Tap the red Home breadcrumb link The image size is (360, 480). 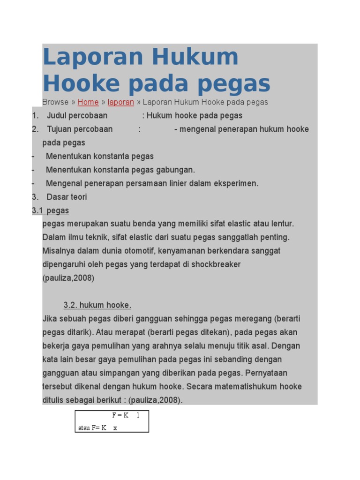pyautogui.click(x=88, y=102)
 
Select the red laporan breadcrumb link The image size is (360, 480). pyautogui.click(x=121, y=102)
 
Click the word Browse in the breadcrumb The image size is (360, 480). pyautogui.click(x=55, y=102)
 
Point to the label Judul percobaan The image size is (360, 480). pyautogui.click(x=77, y=116)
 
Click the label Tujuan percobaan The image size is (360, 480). pyautogui.click(x=79, y=129)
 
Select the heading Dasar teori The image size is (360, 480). pyautogui.click(x=67, y=197)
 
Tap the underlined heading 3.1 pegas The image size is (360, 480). pyautogui.click(x=51, y=211)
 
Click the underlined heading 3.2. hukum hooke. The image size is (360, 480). pyautogui.click(x=97, y=306)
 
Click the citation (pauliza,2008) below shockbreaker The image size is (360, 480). pyautogui.click(x=68, y=278)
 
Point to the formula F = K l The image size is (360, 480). pyautogui.click(x=125, y=415)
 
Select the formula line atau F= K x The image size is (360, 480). pyautogui.click(x=98, y=427)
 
